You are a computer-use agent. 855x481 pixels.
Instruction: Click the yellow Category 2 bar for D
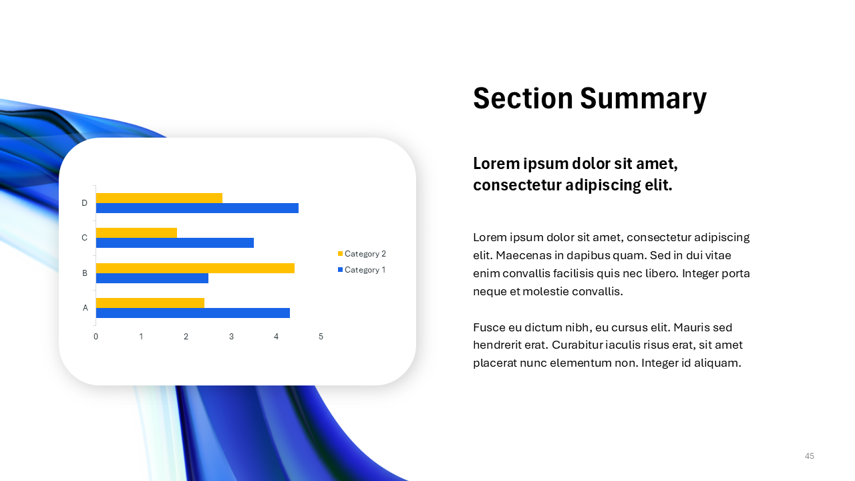159,198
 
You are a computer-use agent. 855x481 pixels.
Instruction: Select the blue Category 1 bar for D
197,208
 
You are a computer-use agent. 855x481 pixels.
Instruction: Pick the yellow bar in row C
136,232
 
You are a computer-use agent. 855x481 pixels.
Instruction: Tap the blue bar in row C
174,243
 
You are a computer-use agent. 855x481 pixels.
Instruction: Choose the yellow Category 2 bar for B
195,268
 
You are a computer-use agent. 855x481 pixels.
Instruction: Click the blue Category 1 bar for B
152,278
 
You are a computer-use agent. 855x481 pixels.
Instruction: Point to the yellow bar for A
150,303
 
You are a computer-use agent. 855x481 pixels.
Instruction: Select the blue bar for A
192,313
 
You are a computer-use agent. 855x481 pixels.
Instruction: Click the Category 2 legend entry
361,254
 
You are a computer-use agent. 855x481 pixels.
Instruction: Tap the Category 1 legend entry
361,270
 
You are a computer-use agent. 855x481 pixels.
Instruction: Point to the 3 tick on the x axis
231,337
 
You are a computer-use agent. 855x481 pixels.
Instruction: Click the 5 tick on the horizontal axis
321,337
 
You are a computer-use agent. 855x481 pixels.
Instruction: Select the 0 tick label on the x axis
96,337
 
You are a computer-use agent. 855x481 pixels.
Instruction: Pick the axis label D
84,203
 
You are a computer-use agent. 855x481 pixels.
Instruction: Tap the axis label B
85,273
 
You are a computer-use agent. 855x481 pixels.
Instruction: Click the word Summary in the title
643,99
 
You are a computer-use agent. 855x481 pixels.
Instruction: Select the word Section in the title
522,99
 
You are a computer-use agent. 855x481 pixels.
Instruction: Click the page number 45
810,456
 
